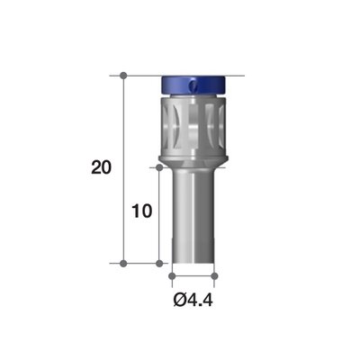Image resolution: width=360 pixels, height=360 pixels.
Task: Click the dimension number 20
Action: [103, 168]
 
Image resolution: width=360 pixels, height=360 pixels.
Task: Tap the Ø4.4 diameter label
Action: [193, 297]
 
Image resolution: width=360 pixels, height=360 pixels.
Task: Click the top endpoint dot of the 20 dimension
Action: [123, 75]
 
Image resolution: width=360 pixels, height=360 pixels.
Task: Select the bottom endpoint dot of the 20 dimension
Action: [123, 264]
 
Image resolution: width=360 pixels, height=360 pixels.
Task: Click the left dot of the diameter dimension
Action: [171, 274]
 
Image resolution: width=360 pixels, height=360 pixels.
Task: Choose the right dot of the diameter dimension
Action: [215, 274]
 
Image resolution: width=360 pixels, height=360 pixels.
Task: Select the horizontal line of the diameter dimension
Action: [193, 274]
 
